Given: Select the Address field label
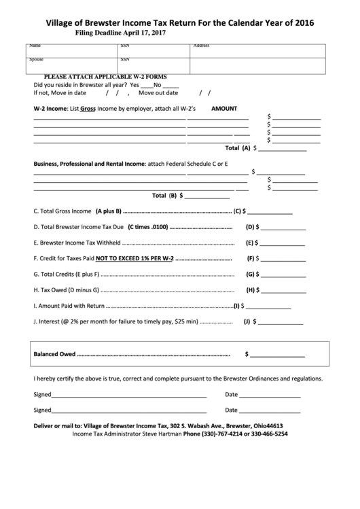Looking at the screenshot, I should (x=201, y=46).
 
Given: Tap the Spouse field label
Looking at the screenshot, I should (x=36, y=60).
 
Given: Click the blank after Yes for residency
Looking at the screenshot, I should (x=146, y=86).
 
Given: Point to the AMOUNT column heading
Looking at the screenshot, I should (x=224, y=108).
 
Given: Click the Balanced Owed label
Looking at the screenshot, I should (x=54, y=354).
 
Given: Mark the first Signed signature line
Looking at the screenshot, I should (x=128, y=396).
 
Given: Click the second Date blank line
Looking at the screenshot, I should (x=270, y=411).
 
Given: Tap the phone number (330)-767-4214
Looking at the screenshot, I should (x=228, y=433).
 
